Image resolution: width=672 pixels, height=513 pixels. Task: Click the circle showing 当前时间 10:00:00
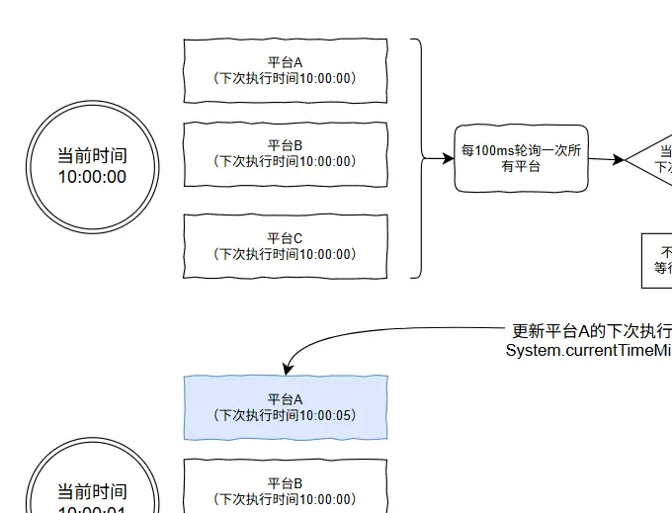tap(92, 166)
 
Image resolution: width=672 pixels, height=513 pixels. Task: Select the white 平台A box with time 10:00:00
tap(286, 70)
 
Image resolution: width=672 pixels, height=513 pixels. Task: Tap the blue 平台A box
tap(286, 407)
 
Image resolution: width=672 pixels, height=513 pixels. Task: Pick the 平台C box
tap(286, 246)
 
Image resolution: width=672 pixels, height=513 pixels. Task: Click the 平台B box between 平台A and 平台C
tap(286, 153)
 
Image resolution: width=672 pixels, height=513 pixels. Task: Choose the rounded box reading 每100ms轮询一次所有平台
tap(521, 158)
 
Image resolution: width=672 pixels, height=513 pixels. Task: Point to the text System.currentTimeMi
tap(588, 350)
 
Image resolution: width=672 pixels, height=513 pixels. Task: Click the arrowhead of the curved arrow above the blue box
tap(288, 370)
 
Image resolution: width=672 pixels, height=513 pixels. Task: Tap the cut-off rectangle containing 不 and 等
tap(657, 260)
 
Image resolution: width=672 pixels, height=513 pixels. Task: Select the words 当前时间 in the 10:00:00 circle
tap(92, 155)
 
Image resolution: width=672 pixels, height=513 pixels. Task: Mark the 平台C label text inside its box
tap(286, 238)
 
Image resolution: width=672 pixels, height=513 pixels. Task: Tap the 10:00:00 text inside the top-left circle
tap(92, 177)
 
